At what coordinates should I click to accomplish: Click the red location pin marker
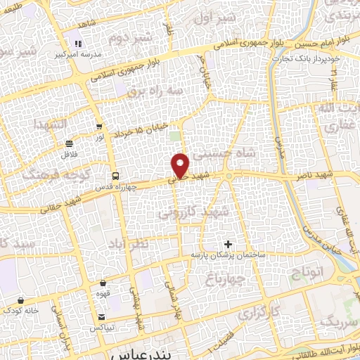point(181,165)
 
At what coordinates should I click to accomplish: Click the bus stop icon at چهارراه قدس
point(115,175)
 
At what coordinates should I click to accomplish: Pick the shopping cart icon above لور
point(99,127)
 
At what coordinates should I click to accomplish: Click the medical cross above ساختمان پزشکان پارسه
point(227,243)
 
